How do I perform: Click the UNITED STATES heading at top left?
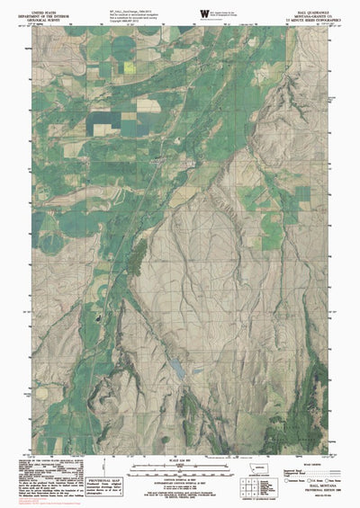click(x=45, y=7)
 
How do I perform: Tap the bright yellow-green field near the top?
click(x=130, y=66)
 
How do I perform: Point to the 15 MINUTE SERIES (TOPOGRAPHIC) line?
click(x=308, y=20)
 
